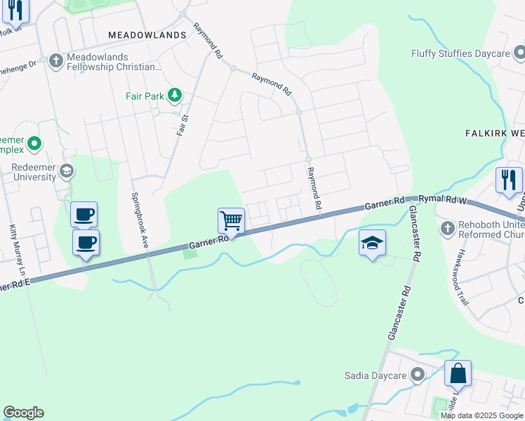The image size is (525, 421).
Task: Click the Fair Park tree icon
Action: pos(173,95)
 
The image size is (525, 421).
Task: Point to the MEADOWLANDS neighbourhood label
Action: pos(147,34)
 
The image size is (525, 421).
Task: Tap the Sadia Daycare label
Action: pos(376,375)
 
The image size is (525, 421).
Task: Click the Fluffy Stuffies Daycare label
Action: pos(460,54)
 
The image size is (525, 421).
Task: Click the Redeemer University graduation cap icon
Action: pos(67,171)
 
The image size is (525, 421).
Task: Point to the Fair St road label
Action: pos(185,124)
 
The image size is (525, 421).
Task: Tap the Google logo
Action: pos(23,413)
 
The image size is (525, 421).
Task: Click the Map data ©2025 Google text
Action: pos(481,415)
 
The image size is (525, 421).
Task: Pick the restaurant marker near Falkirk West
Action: pos(509,180)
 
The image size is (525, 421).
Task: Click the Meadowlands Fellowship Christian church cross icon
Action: pos(56,60)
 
